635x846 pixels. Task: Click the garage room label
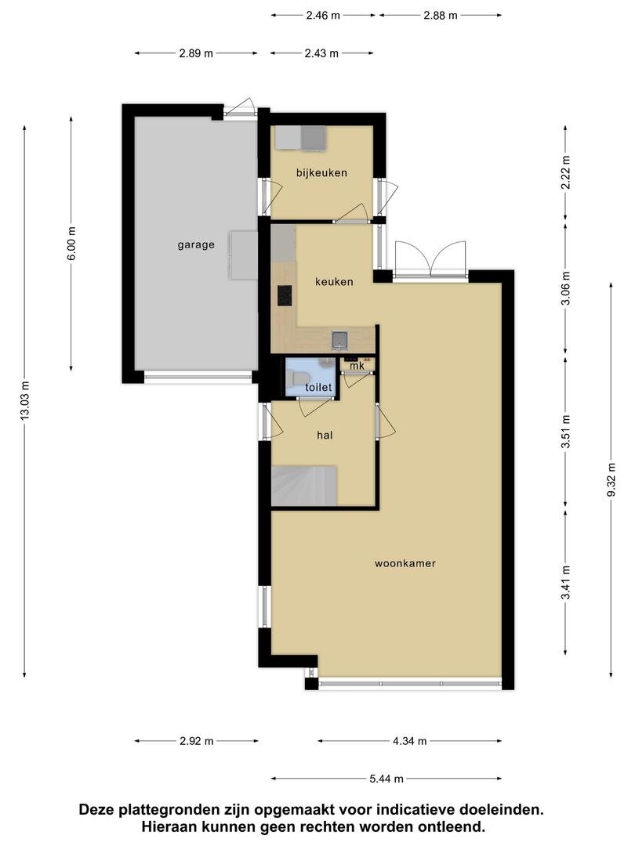coord(196,245)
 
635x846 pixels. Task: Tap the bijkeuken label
coord(321,172)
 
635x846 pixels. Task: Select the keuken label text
coord(334,282)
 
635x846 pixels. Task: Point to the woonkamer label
coord(405,563)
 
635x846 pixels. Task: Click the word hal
coord(325,436)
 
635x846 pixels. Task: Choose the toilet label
coord(318,388)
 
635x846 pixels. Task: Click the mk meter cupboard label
coord(357,366)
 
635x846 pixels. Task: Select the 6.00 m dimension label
coord(71,244)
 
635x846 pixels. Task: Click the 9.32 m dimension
coord(611,479)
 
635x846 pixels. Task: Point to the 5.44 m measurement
coord(386,779)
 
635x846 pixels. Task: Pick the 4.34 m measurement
coord(409,741)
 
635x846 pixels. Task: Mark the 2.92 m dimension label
coord(197,741)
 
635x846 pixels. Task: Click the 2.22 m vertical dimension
coord(565,172)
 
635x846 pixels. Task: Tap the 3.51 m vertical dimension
coord(565,431)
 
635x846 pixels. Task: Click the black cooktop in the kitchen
coord(285,295)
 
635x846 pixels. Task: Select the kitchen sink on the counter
coord(340,340)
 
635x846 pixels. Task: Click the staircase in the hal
coord(304,486)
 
